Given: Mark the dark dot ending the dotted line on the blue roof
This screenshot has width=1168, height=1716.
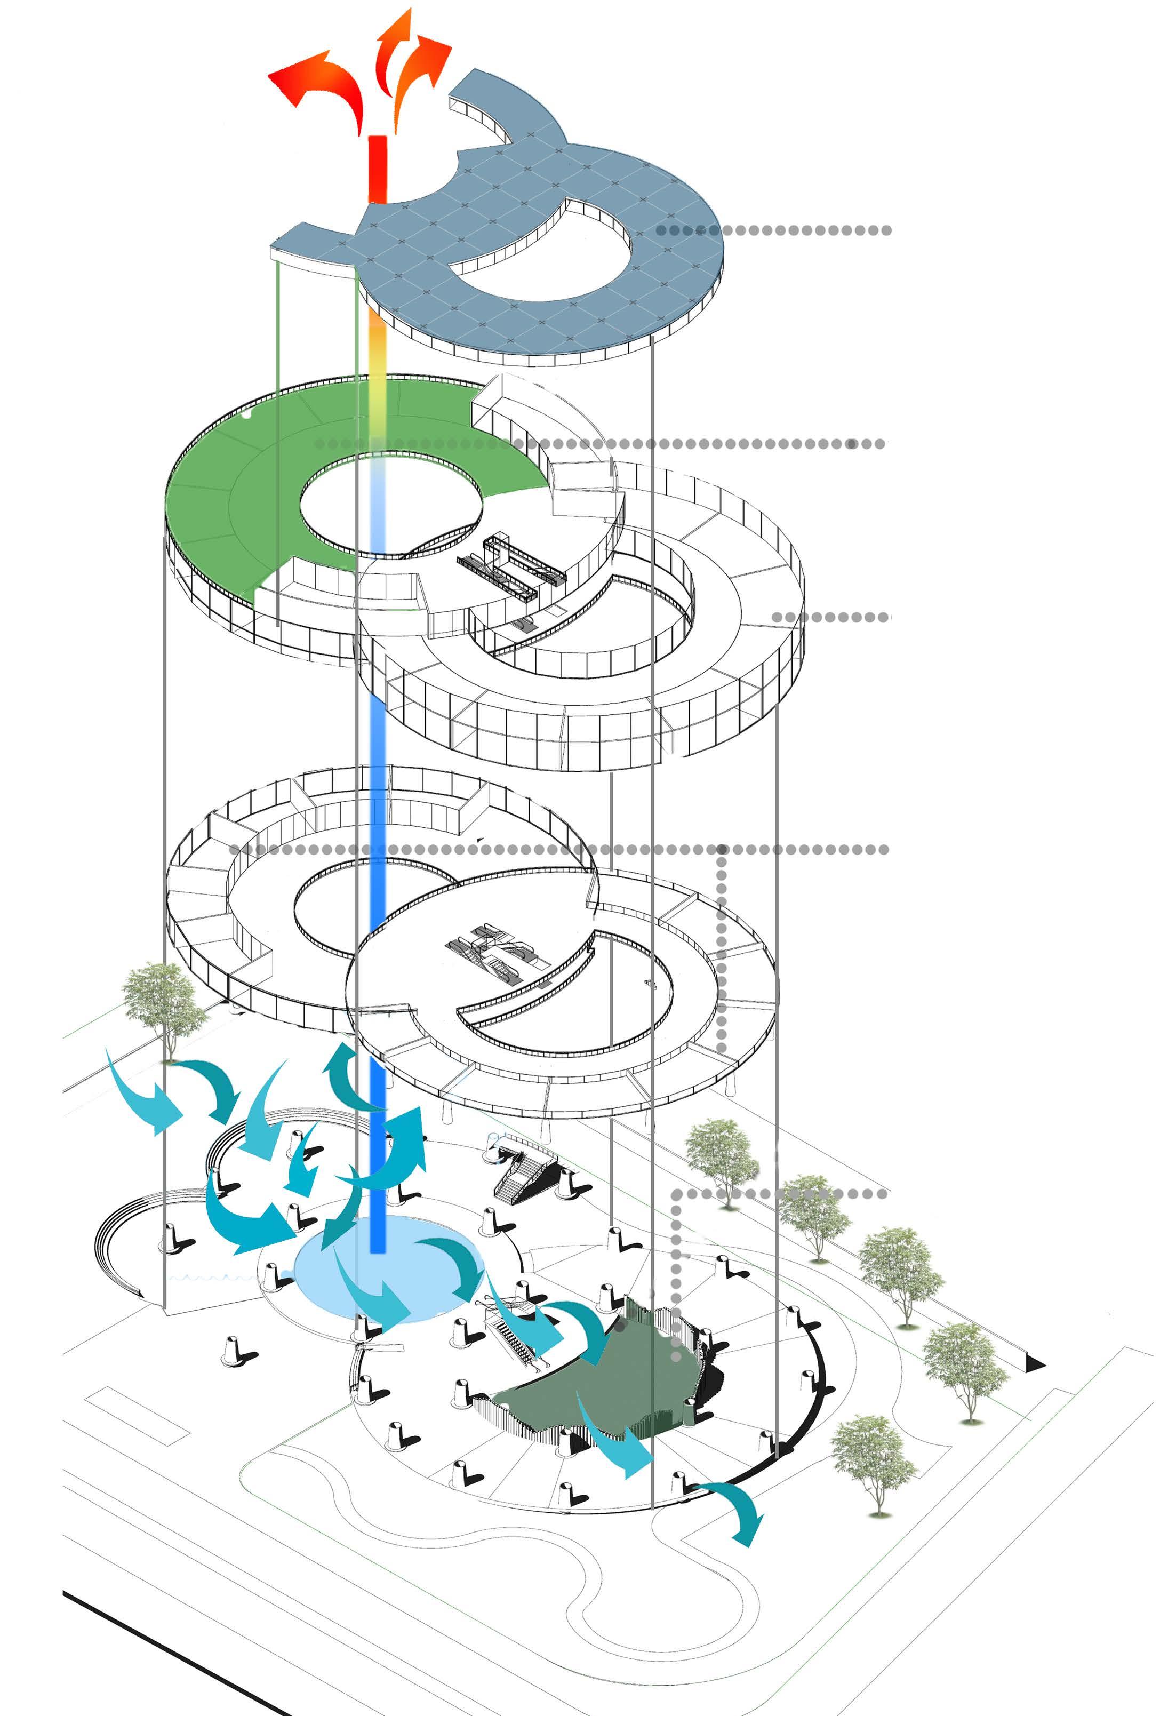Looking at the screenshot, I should pos(661,230).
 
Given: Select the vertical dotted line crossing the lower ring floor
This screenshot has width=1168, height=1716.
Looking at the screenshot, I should pos(721,953).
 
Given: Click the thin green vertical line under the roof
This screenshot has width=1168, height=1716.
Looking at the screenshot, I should pos(278,443).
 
